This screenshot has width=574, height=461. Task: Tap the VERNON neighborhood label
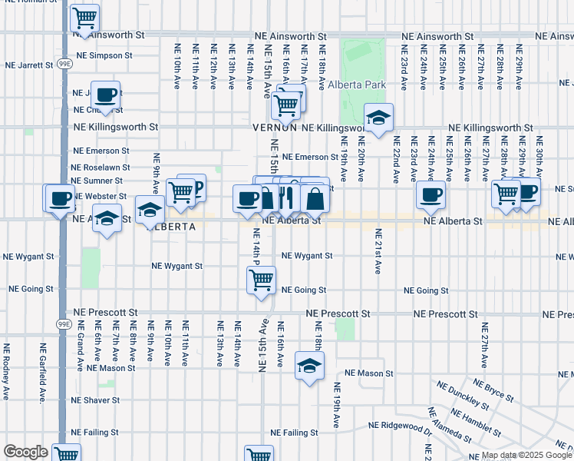click(x=275, y=128)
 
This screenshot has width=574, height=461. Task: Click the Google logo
click(x=25, y=452)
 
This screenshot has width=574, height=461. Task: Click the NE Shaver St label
click(x=95, y=400)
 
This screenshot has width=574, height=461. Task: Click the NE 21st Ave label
click(x=378, y=251)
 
